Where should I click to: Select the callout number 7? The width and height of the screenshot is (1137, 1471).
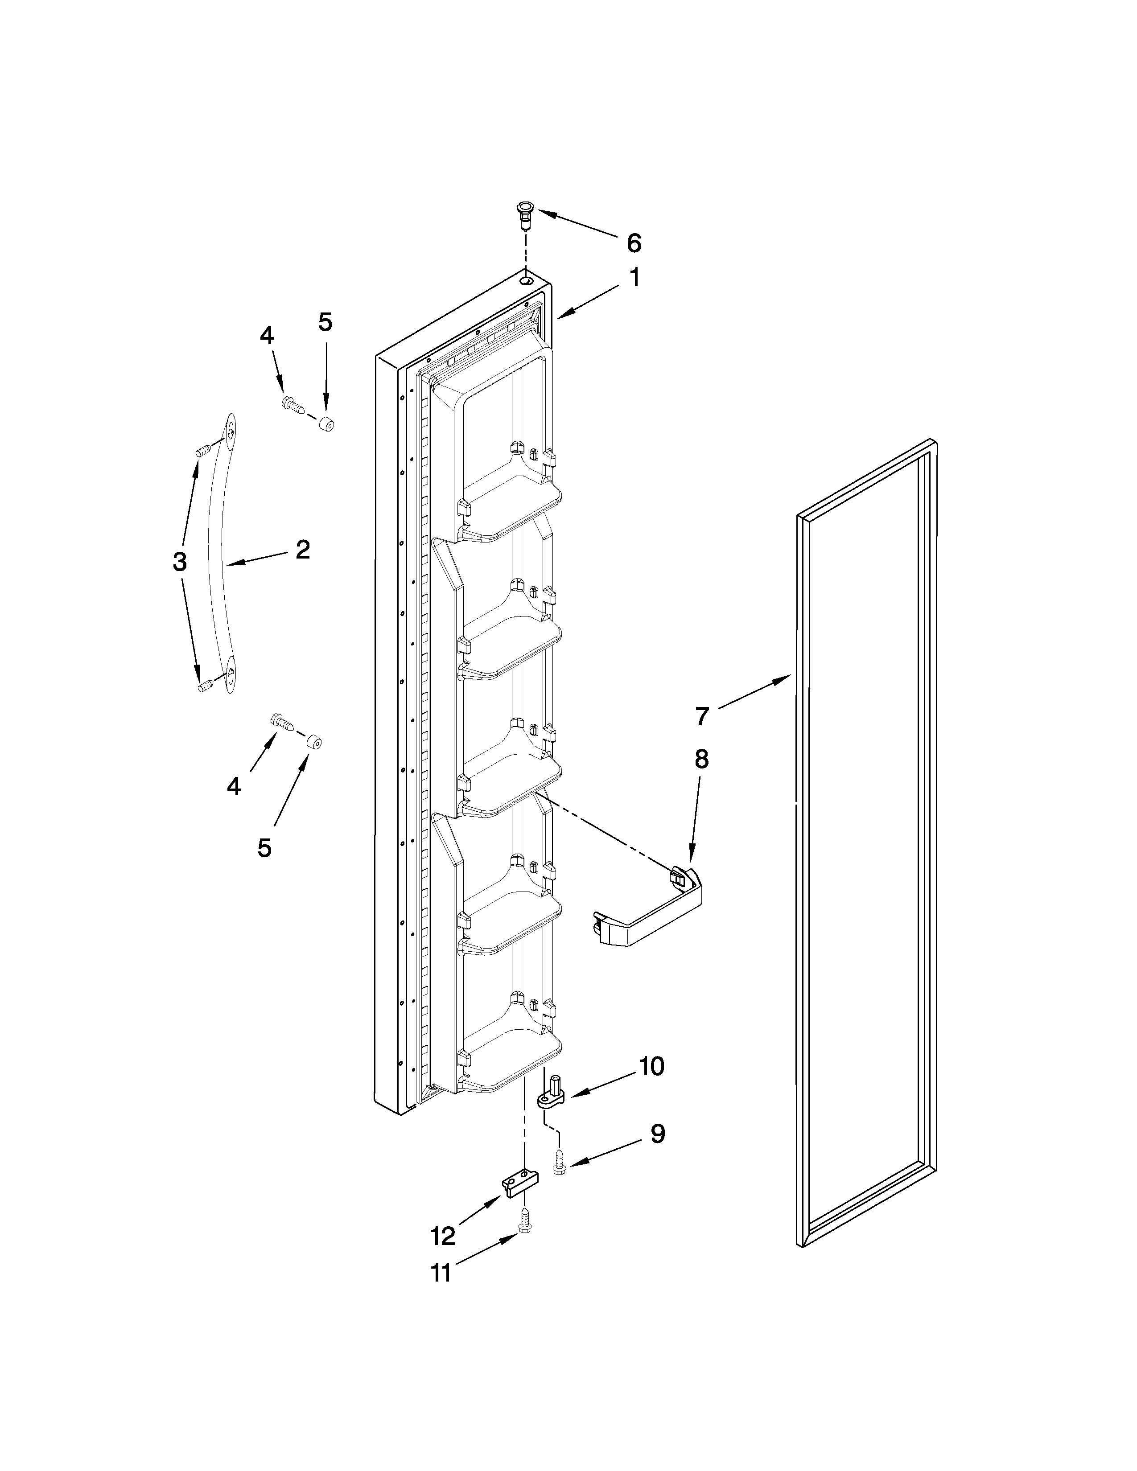tap(702, 716)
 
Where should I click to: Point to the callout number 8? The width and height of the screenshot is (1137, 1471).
tap(701, 759)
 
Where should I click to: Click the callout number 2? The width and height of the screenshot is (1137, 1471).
tap(302, 550)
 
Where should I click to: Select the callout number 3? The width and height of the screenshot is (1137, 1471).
tap(179, 560)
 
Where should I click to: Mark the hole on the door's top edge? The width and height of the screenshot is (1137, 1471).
tap(526, 278)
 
